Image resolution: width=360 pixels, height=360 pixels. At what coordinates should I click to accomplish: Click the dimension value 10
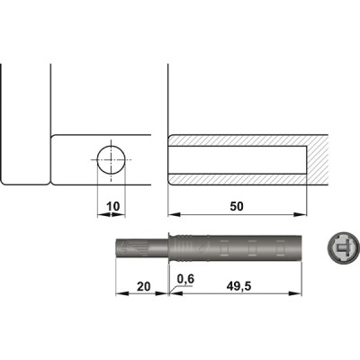click(x=112, y=206)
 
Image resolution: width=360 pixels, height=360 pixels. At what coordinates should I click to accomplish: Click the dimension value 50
click(x=237, y=206)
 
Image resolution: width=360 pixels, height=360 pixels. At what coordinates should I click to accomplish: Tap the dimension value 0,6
click(x=187, y=278)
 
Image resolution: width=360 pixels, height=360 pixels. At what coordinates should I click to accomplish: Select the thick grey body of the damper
click(x=243, y=247)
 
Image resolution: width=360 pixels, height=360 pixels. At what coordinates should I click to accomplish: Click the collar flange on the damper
click(x=170, y=247)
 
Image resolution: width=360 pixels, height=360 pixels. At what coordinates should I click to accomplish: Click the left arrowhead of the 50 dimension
click(x=172, y=216)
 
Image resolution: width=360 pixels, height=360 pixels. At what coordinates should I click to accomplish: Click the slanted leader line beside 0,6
click(x=174, y=287)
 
